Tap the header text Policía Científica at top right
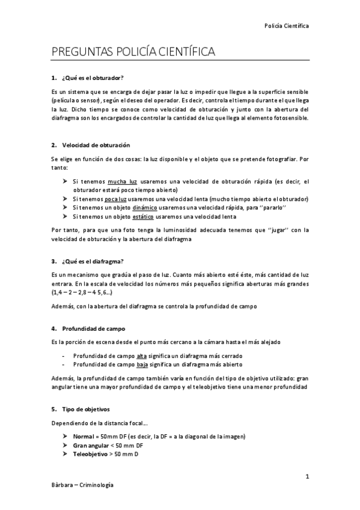point(287,26)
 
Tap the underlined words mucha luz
point(123,181)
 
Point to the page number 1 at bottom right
point(307,477)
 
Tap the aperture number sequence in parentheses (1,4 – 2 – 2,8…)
point(82,292)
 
